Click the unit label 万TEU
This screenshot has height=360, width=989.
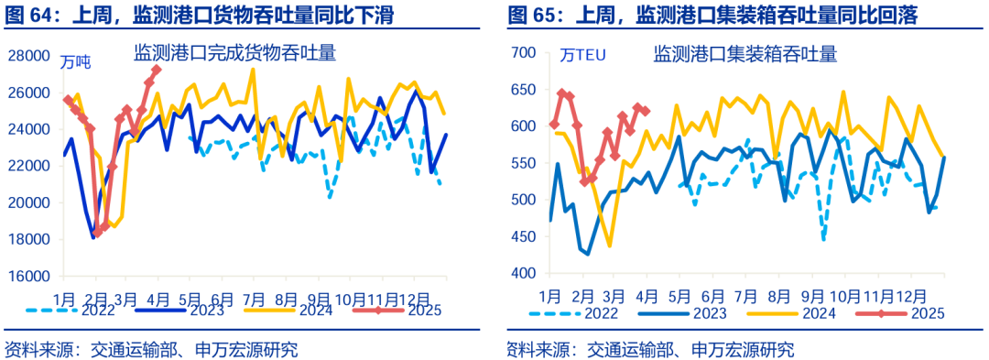point(583,56)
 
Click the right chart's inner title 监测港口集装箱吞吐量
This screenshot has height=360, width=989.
point(744,54)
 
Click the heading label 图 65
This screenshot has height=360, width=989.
point(533,16)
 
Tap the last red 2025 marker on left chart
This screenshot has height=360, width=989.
point(157,70)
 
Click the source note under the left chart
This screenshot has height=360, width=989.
point(151,349)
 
